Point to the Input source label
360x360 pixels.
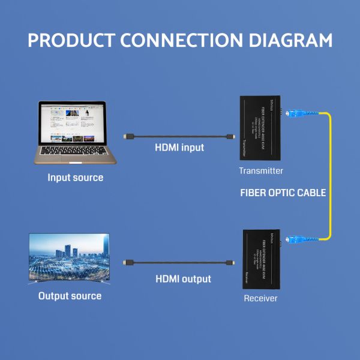coord(75,178)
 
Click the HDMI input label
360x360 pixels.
coord(179,148)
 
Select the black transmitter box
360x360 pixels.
coord(262,129)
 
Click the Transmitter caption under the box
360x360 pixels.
coord(261,171)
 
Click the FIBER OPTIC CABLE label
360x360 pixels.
coord(283,193)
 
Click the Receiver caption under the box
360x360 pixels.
coord(260,298)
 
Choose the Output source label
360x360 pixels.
coord(70,296)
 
